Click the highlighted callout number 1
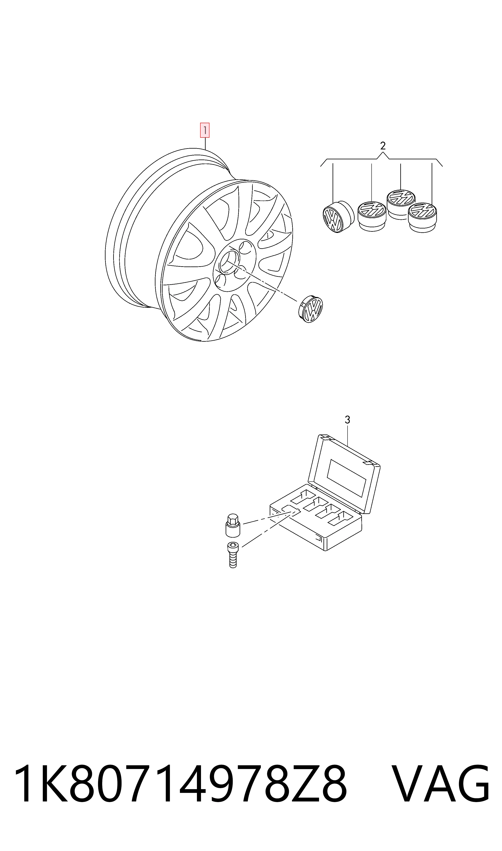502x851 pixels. pos(205,130)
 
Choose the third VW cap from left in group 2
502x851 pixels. pos(401,204)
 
